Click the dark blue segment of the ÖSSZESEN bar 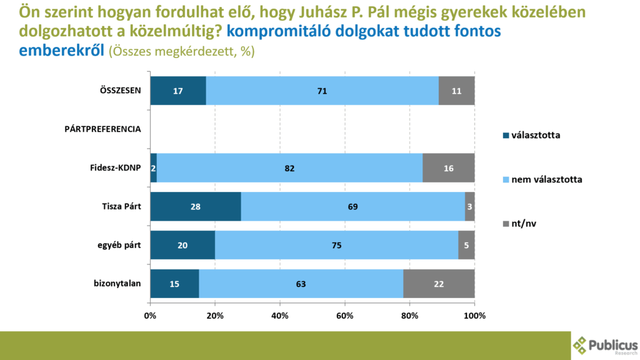[x=178, y=91]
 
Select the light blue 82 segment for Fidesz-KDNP [x=289, y=168]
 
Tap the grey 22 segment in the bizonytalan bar [x=439, y=284]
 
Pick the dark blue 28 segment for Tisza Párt [x=196, y=206]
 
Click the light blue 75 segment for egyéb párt [x=336, y=245]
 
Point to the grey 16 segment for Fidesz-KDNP [x=448, y=168]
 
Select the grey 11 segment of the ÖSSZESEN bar [x=456, y=91]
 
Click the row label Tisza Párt [x=122, y=206]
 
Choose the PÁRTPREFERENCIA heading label [x=103, y=129]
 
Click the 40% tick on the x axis [x=280, y=316]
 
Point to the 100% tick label [x=475, y=316]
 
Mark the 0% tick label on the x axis [x=151, y=316]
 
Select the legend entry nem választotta [x=547, y=179]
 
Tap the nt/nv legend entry [x=526, y=224]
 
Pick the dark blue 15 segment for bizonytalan [x=174, y=284]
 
